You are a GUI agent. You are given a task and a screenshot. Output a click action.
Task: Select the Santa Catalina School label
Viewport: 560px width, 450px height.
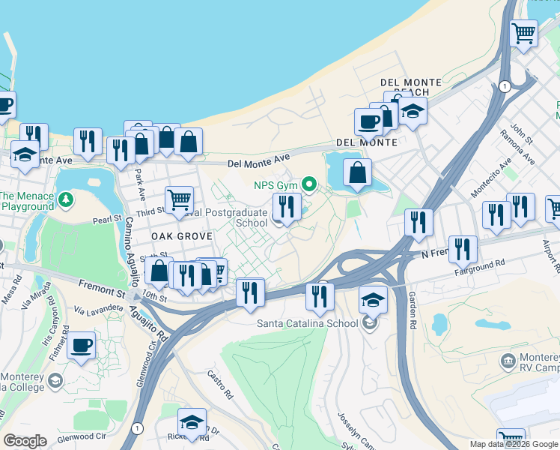point(306,324)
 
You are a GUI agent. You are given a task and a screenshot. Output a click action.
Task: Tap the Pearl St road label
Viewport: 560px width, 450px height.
point(107,220)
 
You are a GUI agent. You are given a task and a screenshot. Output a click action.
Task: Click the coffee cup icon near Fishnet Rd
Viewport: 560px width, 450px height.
point(81,346)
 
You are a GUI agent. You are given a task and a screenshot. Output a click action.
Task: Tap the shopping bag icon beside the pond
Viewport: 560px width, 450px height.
point(359,172)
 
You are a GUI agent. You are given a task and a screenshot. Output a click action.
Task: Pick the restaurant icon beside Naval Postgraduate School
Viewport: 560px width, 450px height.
point(287,206)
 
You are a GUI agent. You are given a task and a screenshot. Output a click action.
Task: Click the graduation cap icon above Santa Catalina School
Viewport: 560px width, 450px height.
point(373,300)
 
